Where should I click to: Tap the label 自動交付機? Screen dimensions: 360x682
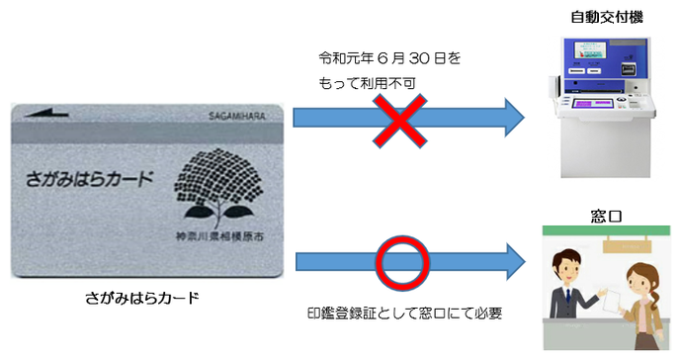coord(602,17)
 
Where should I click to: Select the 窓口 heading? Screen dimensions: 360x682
coord(603,213)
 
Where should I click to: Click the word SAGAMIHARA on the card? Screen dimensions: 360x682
coord(235,116)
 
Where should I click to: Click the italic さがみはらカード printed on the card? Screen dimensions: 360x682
coord(89,179)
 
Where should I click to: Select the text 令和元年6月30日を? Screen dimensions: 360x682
coord(389,59)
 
